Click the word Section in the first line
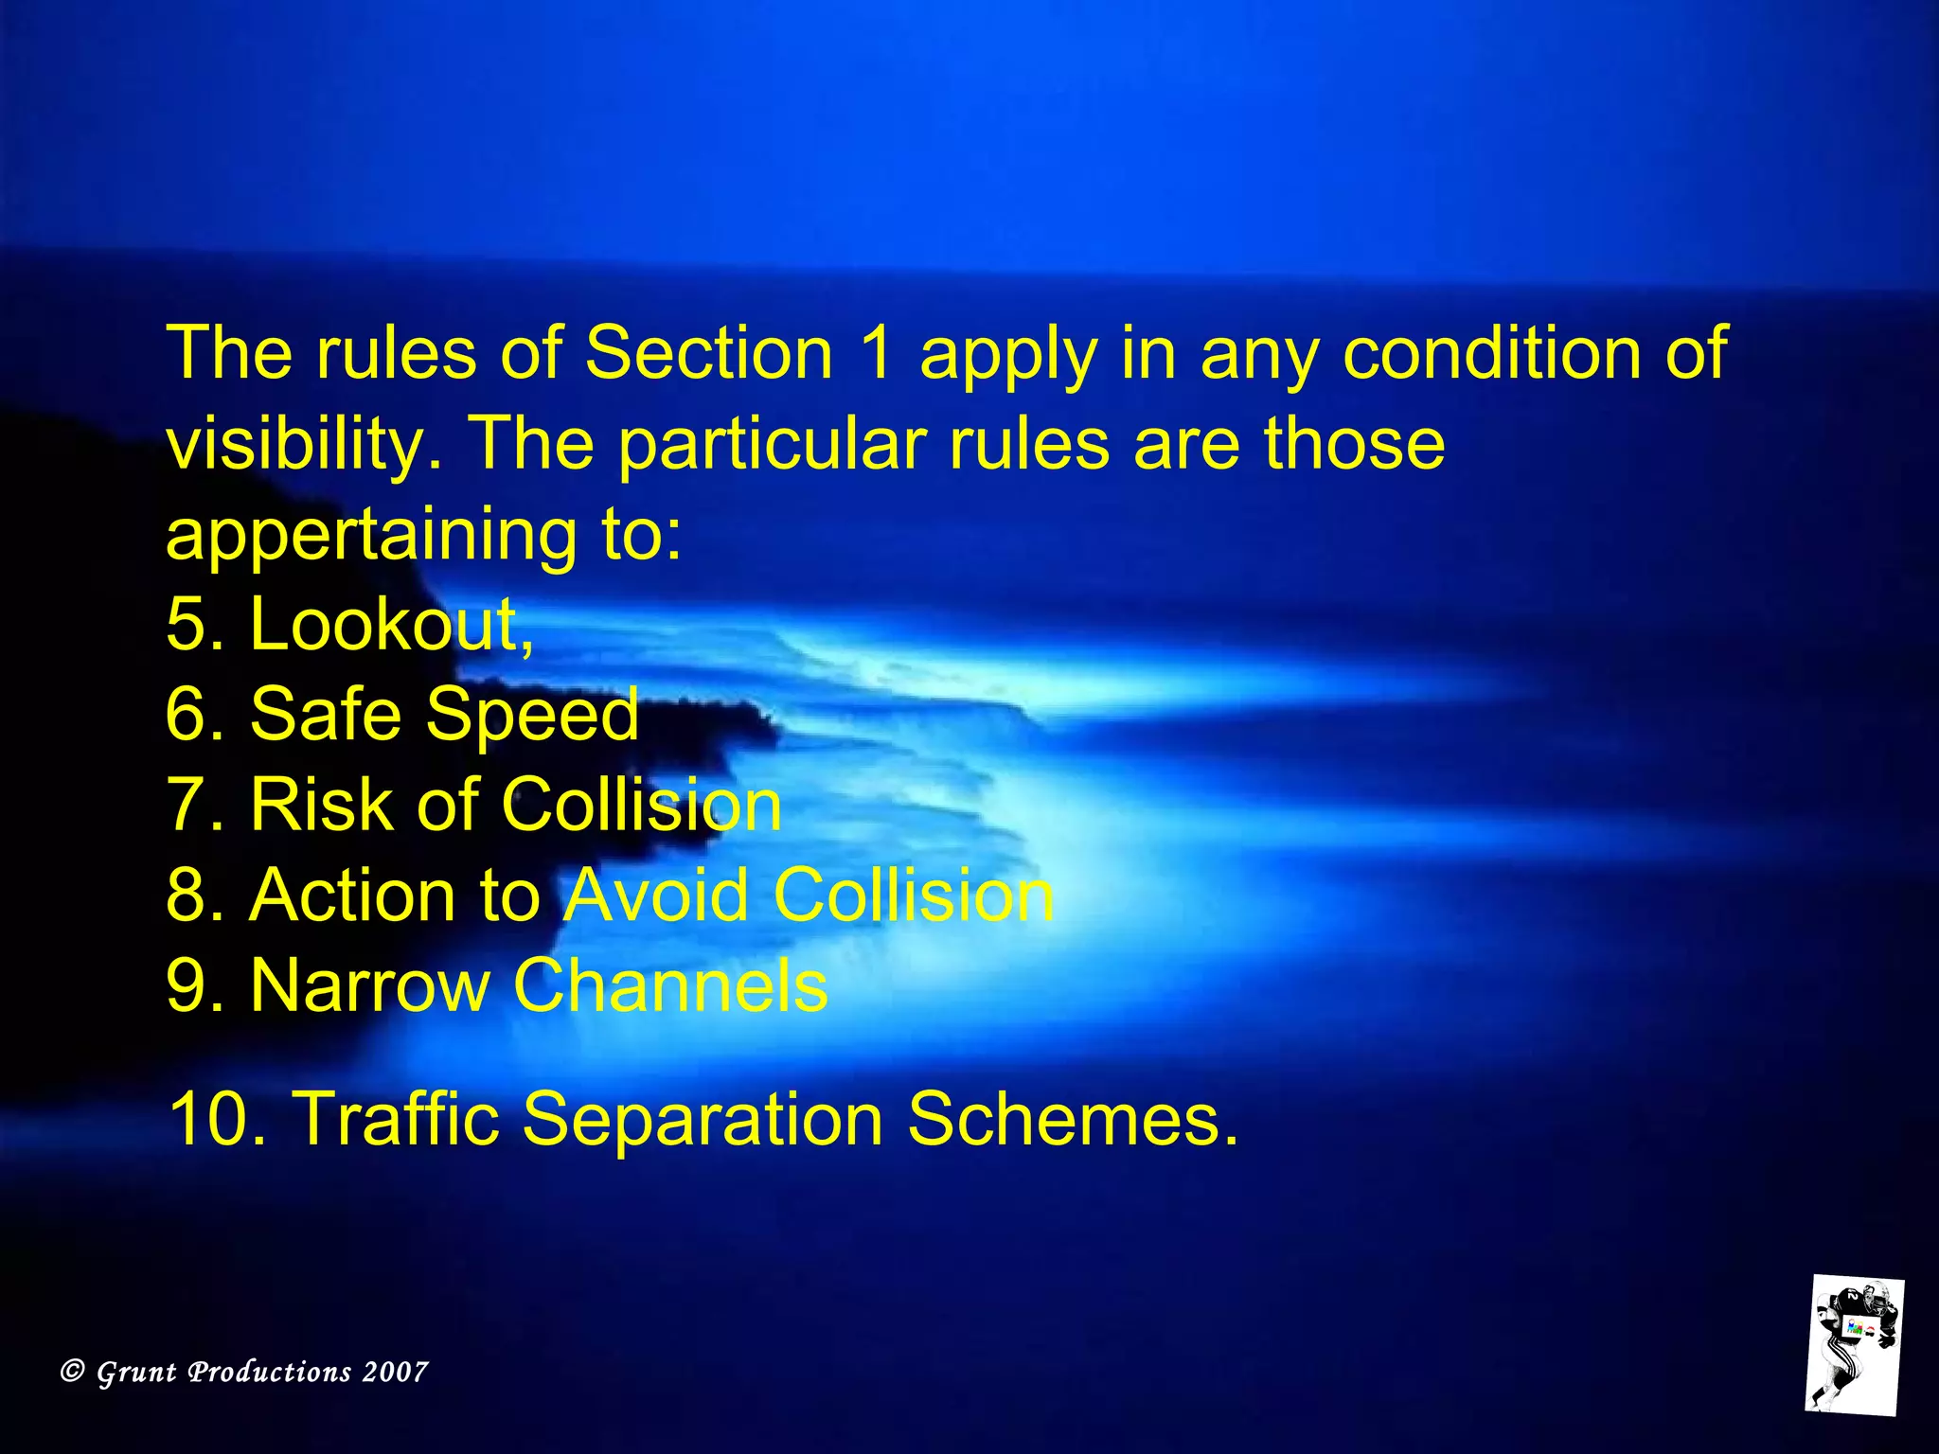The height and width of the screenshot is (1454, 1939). click(x=708, y=353)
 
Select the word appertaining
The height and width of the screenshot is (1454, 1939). click(x=370, y=535)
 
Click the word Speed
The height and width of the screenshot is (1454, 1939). click(x=532, y=715)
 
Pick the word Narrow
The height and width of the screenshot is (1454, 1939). click(x=368, y=986)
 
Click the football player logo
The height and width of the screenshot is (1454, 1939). click(x=1853, y=1345)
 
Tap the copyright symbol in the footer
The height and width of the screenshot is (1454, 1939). click(x=73, y=1371)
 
